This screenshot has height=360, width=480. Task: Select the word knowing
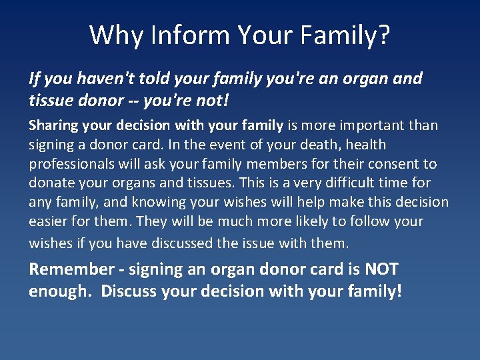(155, 201)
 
